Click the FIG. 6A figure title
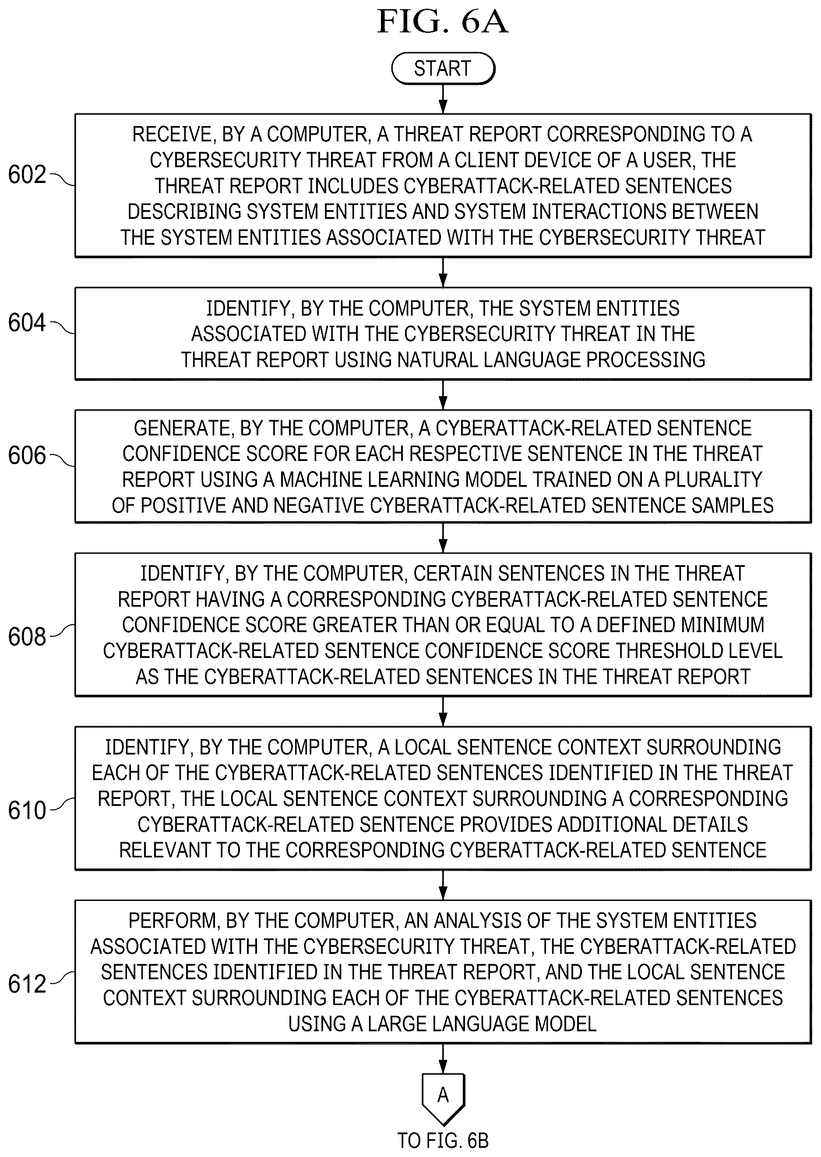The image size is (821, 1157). [x=442, y=22]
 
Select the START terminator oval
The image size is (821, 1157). [x=443, y=68]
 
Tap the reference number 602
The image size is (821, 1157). [x=27, y=175]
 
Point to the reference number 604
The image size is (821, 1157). [x=27, y=323]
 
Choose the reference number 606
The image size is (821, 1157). [x=27, y=455]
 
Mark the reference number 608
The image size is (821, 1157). [x=27, y=637]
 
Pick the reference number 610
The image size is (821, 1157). [x=27, y=811]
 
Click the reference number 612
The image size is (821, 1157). [x=27, y=984]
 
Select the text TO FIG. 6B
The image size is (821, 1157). [x=443, y=1141]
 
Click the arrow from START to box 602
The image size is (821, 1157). [x=443, y=99]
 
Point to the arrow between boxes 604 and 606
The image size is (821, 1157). [x=443, y=395]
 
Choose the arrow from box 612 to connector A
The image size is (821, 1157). [x=443, y=1059]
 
